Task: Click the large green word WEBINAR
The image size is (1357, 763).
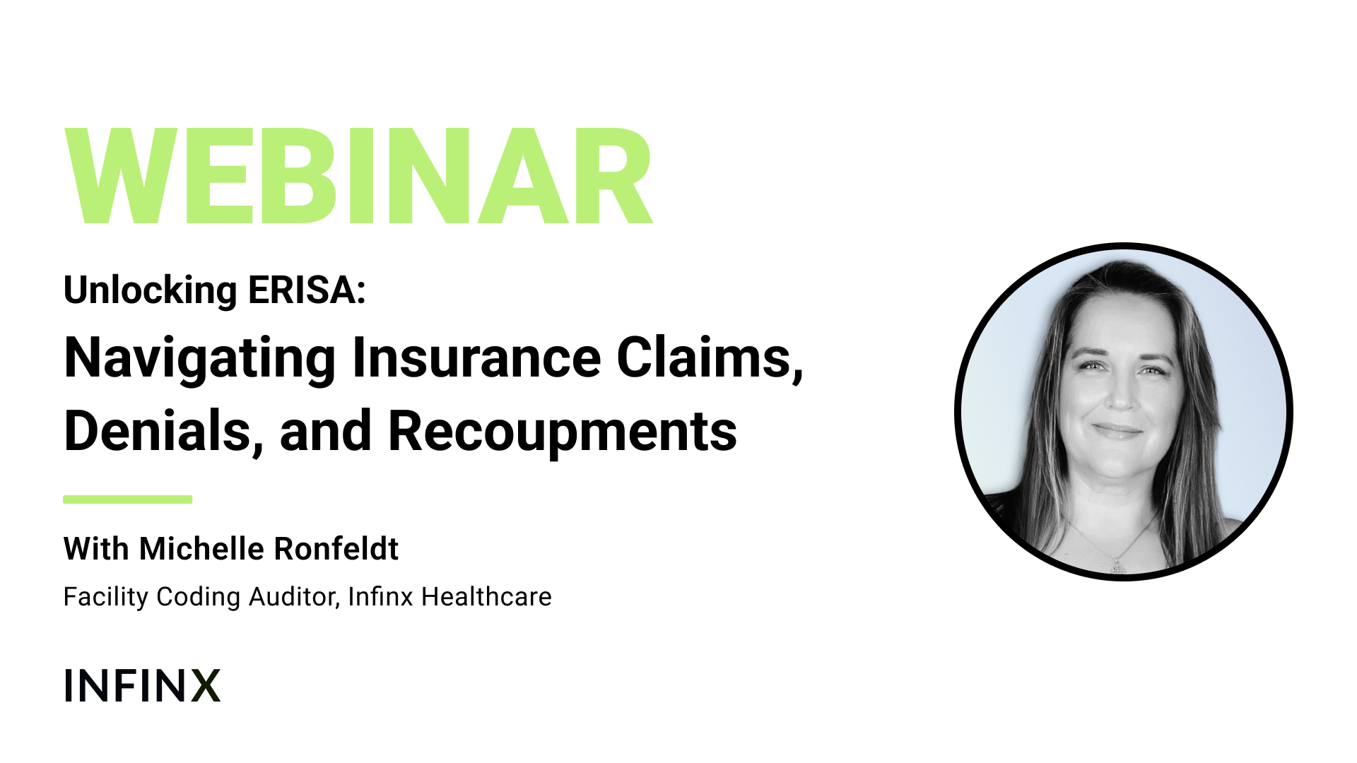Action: point(358,177)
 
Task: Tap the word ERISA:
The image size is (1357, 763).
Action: point(307,290)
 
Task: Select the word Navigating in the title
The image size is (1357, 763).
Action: point(200,359)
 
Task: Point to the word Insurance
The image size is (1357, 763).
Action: point(477,357)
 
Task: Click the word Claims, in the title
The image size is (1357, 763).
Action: point(710,359)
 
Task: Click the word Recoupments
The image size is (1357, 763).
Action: point(563,432)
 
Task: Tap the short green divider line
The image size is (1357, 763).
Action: point(128,499)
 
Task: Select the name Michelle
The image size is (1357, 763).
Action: point(202,548)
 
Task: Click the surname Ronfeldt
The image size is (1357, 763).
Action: point(336,548)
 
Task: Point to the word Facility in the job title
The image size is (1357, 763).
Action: point(106,597)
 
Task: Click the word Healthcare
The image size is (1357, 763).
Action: point(486,597)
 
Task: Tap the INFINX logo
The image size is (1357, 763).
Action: point(142,685)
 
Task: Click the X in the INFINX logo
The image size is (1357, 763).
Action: point(206,685)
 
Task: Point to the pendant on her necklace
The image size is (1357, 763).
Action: point(1117,565)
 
